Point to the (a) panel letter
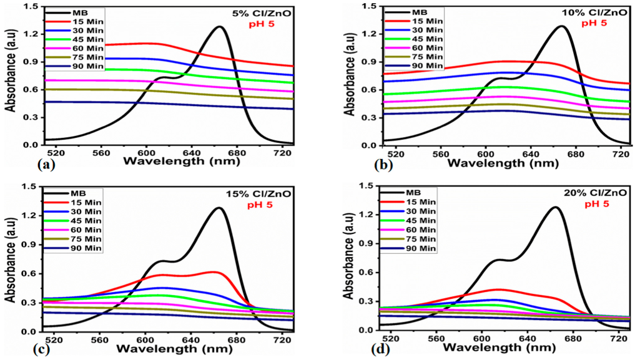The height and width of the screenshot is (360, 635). coord(46,166)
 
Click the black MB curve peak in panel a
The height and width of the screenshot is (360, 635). coord(220,27)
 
